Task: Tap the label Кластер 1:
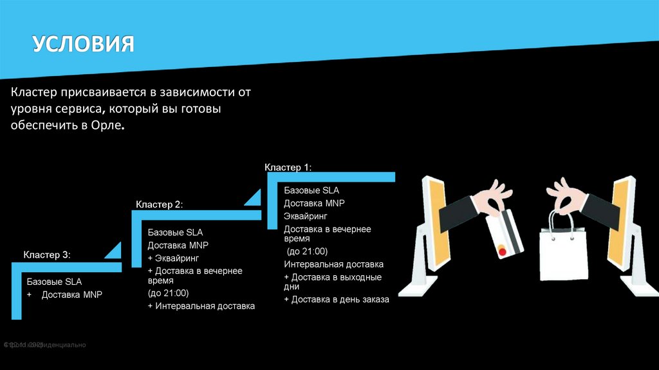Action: point(288,168)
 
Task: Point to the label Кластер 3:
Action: point(47,255)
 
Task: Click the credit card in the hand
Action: point(504,233)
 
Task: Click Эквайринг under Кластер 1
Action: point(306,216)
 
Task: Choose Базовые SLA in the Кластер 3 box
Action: point(54,282)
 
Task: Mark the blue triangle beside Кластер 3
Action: point(113,251)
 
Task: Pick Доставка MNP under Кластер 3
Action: point(71,295)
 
